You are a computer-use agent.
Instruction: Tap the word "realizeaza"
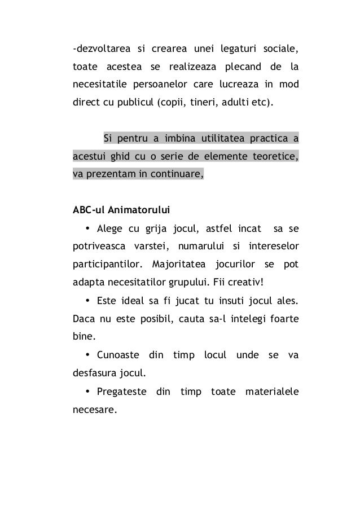point(194,68)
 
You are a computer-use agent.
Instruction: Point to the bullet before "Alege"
point(88,228)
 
